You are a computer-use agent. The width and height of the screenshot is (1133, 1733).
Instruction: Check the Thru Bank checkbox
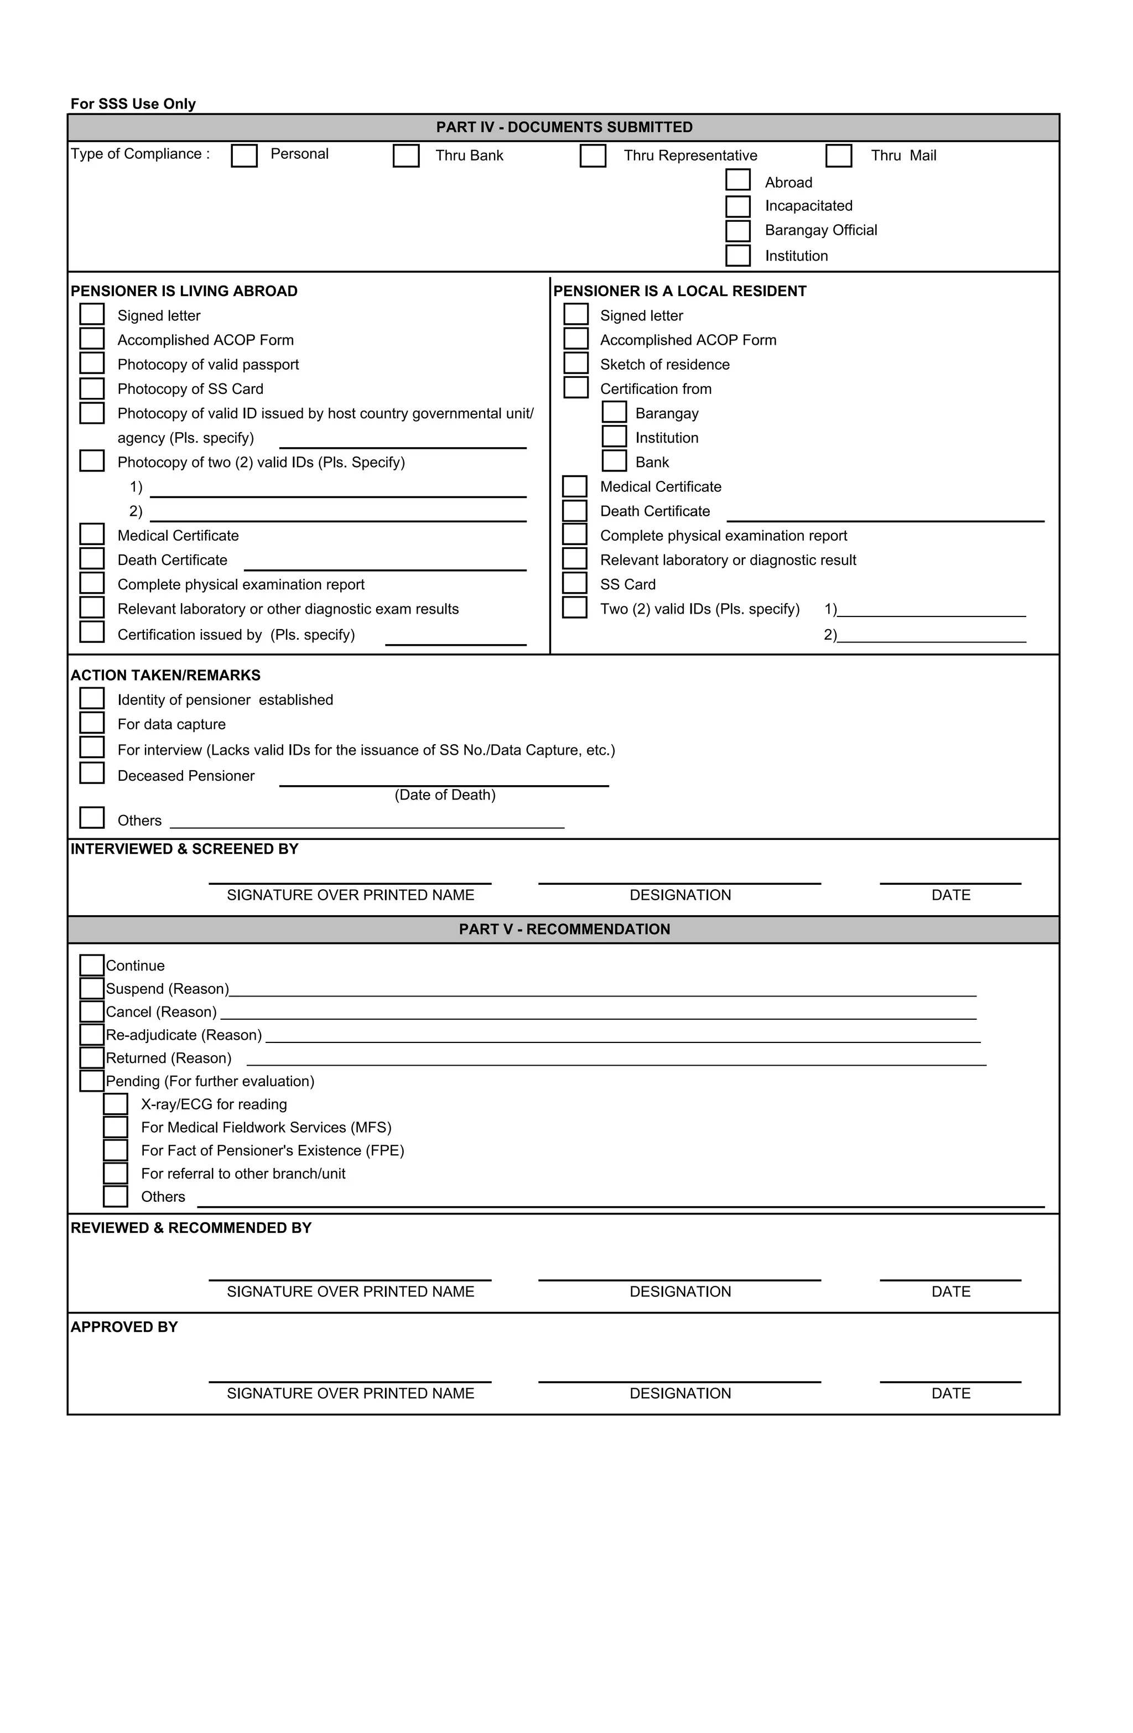[x=406, y=156]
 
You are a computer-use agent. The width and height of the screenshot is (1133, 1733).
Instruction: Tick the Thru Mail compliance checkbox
[x=838, y=156]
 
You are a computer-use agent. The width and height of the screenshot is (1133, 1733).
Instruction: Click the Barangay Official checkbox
[x=737, y=230]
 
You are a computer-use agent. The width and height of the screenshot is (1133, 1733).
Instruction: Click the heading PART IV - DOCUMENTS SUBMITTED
[x=564, y=127]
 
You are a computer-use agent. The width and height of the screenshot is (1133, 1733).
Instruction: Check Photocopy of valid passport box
[x=92, y=364]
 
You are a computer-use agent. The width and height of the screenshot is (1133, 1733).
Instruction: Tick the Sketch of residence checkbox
[x=575, y=364]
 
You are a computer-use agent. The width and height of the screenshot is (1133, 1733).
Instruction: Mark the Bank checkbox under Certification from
[x=614, y=461]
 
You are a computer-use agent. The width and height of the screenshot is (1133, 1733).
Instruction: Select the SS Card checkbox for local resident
[x=574, y=583]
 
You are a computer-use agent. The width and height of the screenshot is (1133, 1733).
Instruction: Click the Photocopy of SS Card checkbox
[x=92, y=388]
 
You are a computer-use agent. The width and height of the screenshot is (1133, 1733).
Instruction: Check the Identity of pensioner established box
[x=92, y=698]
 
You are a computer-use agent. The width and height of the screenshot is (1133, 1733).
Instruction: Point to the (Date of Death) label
[x=445, y=795]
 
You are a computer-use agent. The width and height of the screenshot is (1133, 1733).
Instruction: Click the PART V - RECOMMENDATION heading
[x=564, y=930]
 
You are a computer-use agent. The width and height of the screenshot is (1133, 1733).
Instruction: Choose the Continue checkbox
[x=92, y=966]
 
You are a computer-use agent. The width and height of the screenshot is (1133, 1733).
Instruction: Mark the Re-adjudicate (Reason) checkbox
[x=92, y=1035]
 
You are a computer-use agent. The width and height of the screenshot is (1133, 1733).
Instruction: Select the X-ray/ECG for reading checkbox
[x=115, y=1104]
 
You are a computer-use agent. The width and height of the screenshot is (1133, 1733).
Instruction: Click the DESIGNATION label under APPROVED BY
[x=679, y=1394]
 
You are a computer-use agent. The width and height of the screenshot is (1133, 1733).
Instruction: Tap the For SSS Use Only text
[x=133, y=104]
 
